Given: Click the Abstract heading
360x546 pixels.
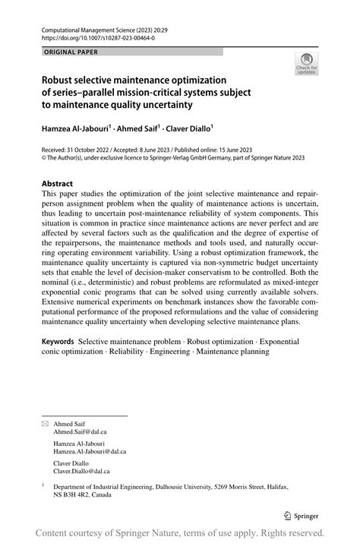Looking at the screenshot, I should (57, 184).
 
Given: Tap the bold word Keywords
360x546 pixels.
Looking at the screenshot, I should (58, 343).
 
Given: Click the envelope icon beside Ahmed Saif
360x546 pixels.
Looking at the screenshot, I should (45, 422).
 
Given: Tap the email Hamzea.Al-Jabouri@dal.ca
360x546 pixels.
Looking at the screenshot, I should (90, 451).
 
